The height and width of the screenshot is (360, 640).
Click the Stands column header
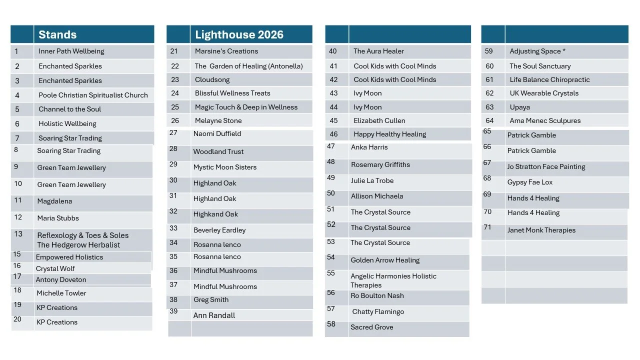pyautogui.click(x=57, y=34)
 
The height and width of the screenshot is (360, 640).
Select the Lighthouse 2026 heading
pyautogui.click(x=239, y=34)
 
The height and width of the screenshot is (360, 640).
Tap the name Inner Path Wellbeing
pyautogui.click(x=71, y=51)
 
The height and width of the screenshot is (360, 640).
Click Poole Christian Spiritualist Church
pyautogui.click(x=93, y=95)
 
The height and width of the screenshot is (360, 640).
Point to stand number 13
pyautogui.click(x=18, y=234)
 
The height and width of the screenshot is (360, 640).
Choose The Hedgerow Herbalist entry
pyautogui.click(x=78, y=245)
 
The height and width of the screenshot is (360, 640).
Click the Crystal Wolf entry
pyautogui.click(x=55, y=268)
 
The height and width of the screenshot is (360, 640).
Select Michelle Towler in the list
pyautogui.click(x=61, y=293)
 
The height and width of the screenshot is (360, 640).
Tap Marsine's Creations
pyautogui.click(x=226, y=51)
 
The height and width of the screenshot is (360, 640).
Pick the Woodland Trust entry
pyautogui.click(x=218, y=151)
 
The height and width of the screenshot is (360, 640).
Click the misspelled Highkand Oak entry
pyautogui.click(x=215, y=214)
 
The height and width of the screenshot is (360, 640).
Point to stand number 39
pyautogui.click(x=173, y=311)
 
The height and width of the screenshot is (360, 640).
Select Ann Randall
pyautogui.click(x=214, y=315)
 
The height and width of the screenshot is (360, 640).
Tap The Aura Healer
pyautogui.click(x=378, y=51)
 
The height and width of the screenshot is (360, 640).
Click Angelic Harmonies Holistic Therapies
pyautogui.click(x=393, y=280)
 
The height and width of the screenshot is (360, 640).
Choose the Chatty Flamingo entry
pyautogui.click(x=378, y=311)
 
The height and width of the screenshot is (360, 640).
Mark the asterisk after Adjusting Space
pyautogui.click(x=564, y=50)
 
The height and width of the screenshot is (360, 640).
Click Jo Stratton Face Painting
pyautogui.click(x=546, y=166)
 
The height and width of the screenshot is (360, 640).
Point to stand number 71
pyautogui.click(x=487, y=227)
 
